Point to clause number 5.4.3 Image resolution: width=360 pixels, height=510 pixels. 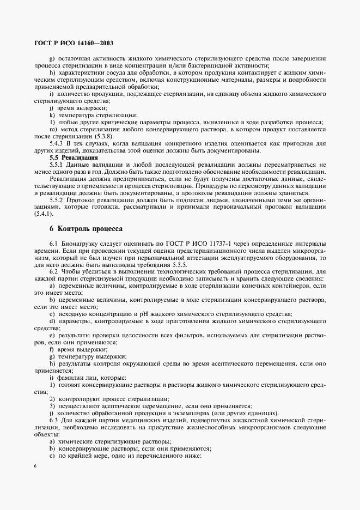[58, 143]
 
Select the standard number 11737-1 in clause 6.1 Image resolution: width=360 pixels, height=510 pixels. [205, 243]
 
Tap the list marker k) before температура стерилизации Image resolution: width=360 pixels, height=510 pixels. [51, 115]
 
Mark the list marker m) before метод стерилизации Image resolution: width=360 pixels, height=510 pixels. [52, 129]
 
